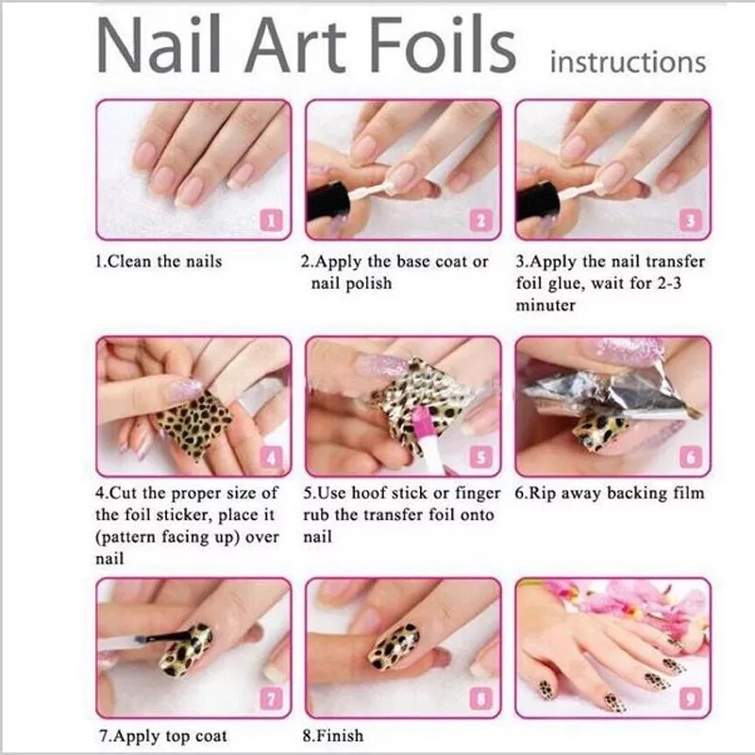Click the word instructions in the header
coord(627,62)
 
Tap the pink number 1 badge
coord(272,222)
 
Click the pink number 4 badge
coord(272,460)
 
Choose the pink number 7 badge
coord(272,699)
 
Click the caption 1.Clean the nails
coord(159,261)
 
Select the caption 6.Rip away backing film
coord(609,493)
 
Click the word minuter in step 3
coord(545,306)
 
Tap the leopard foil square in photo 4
coord(193,422)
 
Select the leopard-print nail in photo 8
coord(394,645)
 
